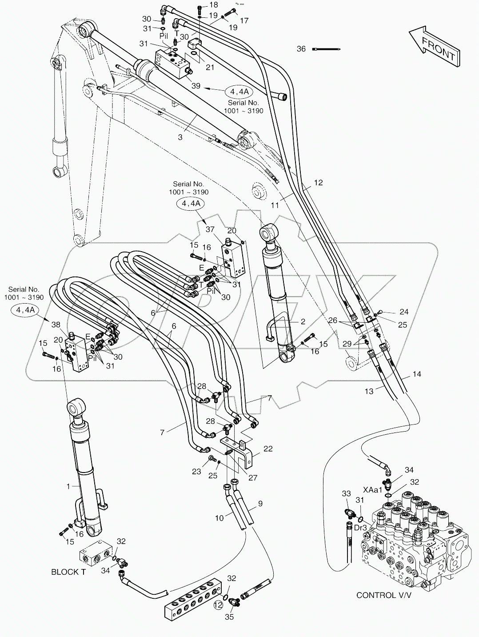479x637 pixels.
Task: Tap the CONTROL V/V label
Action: pyautogui.click(x=383, y=595)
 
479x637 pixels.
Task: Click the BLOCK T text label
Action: pyautogui.click(x=68, y=572)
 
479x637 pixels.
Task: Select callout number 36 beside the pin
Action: pyautogui.click(x=301, y=49)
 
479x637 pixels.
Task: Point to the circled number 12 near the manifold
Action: pyautogui.click(x=218, y=605)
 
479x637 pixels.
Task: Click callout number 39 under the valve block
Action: pyautogui.click(x=195, y=86)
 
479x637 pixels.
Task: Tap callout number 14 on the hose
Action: pyautogui.click(x=416, y=374)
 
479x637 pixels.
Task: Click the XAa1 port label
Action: pyautogui.click(x=372, y=489)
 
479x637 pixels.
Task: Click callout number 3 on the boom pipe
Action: pyautogui.click(x=180, y=137)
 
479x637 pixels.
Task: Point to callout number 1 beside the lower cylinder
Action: pyautogui.click(x=68, y=487)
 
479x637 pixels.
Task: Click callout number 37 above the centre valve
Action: pyautogui.click(x=210, y=229)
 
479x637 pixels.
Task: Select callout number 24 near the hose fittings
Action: pyautogui.click(x=403, y=312)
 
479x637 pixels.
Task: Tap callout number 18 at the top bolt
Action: pyautogui.click(x=214, y=5)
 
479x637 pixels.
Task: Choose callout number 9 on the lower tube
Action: pyautogui.click(x=260, y=504)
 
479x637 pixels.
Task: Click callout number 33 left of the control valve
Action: pyautogui.click(x=347, y=493)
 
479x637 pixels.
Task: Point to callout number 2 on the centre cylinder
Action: pyautogui.click(x=303, y=321)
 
